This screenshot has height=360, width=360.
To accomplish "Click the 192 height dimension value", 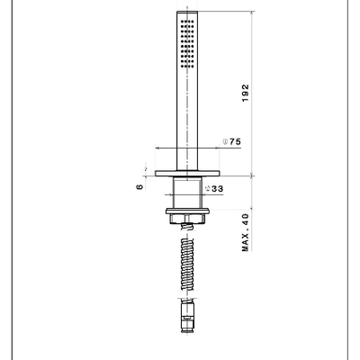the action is [x=246, y=93].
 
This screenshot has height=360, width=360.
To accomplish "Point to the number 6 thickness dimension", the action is [x=139, y=187].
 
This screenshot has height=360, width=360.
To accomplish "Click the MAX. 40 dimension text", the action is [x=246, y=232].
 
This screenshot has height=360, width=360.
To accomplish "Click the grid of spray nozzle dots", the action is [x=187, y=43].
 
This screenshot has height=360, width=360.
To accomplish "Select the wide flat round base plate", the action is [x=187, y=174].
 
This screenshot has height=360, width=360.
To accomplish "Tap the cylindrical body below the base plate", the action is [x=187, y=193].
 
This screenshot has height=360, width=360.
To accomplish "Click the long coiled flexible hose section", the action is [x=187, y=265].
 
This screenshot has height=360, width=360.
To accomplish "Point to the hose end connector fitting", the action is [x=187, y=317].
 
